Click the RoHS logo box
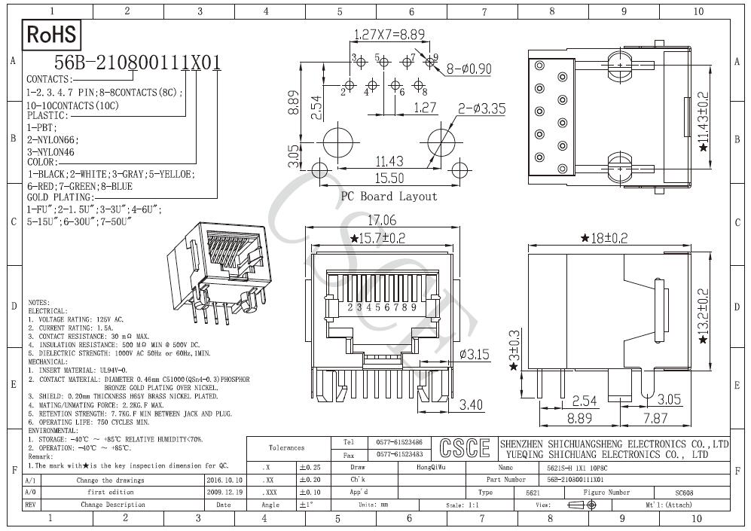(51, 35)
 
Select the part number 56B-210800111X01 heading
(137, 64)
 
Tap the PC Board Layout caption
(389, 197)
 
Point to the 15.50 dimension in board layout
(388, 179)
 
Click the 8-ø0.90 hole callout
(469, 69)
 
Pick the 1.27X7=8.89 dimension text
(389, 34)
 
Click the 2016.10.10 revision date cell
(224, 480)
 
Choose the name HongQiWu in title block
(431, 468)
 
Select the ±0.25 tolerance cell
(309, 468)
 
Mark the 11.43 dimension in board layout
(389, 160)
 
